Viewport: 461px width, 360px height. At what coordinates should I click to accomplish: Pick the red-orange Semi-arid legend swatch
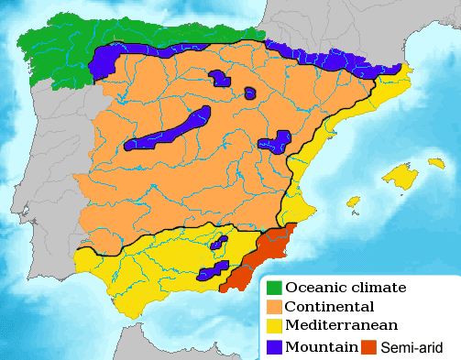368,346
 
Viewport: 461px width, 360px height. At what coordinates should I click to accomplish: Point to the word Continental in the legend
329,307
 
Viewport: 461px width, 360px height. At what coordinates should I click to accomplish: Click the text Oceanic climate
346,288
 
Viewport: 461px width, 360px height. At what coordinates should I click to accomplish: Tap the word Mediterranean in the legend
341,326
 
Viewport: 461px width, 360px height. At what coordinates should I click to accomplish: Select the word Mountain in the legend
321,346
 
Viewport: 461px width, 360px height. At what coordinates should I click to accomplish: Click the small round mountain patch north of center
250,93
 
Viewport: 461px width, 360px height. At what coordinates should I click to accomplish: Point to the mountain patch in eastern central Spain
275,141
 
